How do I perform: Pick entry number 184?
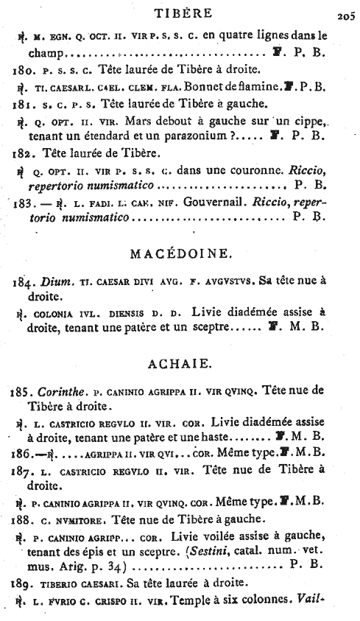pos(24,281)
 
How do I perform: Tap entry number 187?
pos(24,469)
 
